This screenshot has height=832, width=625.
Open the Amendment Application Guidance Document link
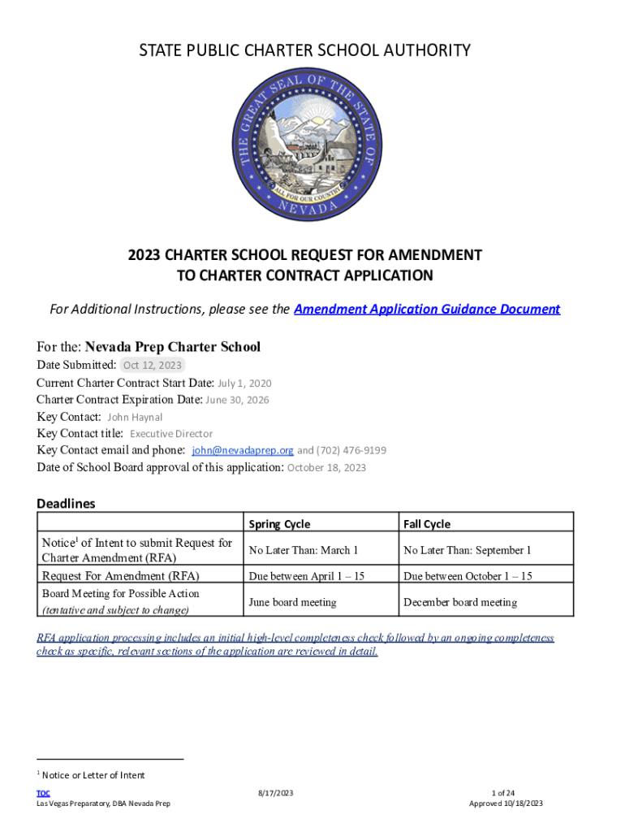point(427,310)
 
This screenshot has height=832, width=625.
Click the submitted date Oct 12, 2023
point(152,365)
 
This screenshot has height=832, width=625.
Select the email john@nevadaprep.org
point(242,450)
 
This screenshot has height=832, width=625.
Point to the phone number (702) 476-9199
point(351,450)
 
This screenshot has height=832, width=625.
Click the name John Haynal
point(135,417)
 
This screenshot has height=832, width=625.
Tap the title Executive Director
point(171,434)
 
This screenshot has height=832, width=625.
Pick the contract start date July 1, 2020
point(244,383)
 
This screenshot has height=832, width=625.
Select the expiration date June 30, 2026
point(237,400)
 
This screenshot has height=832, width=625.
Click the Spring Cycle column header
point(279,524)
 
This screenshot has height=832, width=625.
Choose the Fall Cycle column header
point(427,524)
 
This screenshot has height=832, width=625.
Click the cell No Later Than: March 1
point(304,550)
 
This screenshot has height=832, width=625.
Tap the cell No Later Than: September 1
point(467,550)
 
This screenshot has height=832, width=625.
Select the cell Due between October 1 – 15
point(468,576)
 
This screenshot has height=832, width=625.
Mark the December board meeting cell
point(459,602)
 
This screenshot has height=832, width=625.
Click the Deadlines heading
point(66,504)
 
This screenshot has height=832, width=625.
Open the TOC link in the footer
point(43,793)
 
